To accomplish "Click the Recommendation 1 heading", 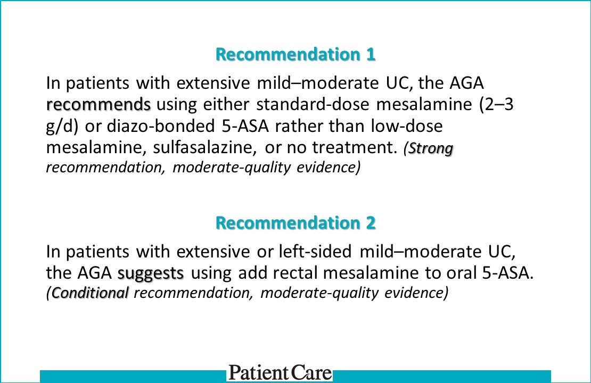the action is (x=295, y=54).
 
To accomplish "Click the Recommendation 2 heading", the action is (x=295, y=223).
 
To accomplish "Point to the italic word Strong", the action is (x=431, y=149).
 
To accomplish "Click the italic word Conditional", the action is (x=90, y=293).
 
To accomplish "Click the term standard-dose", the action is (x=313, y=105).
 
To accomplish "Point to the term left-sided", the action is (x=315, y=252).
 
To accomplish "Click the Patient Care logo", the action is (x=280, y=372).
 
